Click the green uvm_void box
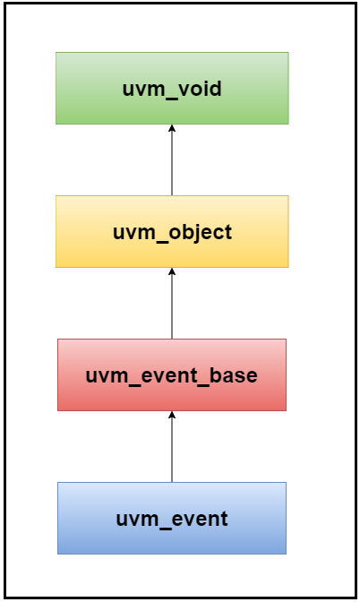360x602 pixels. [x=172, y=89]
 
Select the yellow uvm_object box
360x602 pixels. [x=172, y=231]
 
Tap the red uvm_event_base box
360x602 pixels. [x=172, y=374]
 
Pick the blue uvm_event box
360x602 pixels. [x=172, y=518]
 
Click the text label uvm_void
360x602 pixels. [x=172, y=89]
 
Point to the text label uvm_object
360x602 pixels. [x=172, y=233]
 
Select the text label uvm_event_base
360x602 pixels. [x=171, y=376]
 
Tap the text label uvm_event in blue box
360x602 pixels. [x=172, y=519]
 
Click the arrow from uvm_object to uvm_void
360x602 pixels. [x=172, y=160]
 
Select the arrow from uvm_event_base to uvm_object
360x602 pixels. [x=172, y=304]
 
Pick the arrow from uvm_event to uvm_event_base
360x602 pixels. [x=172, y=446]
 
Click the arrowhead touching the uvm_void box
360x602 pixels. [x=172, y=128]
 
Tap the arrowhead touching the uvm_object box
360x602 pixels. [x=172, y=271]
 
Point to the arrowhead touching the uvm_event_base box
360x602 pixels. [x=172, y=414]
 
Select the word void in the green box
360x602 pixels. [x=201, y=88]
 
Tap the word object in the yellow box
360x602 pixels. [x=201, y=233]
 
